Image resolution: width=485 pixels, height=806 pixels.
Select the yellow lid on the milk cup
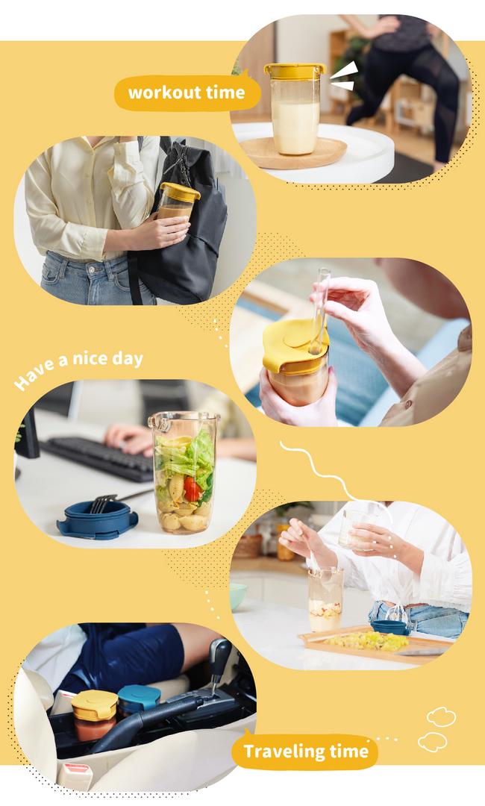[295, 71]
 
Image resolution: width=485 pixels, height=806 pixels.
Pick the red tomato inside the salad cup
[193, 489]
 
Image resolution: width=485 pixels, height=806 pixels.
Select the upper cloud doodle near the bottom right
[441, 716]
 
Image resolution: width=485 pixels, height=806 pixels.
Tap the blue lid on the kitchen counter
[389, 627]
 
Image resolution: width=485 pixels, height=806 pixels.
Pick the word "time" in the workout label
[225, 93]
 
